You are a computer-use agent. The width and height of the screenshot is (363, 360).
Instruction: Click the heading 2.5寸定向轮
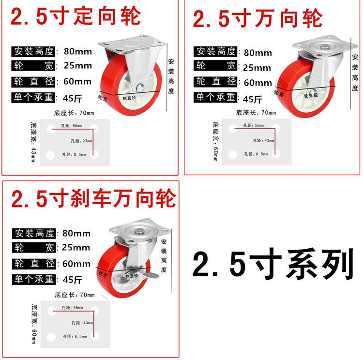click(76, 16)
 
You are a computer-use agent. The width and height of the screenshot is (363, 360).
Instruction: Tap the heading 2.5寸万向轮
click(257, 18)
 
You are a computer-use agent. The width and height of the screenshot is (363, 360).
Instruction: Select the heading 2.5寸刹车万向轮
click(93, 198)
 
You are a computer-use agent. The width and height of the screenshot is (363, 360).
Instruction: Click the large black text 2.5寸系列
click(273, 264)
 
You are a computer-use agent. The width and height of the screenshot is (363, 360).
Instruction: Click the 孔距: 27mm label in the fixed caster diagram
click(81, 141)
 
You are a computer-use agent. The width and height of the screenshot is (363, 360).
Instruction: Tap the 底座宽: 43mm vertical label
click(33, 142)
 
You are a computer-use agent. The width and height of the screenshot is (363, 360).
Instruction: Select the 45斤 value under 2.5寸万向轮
click(252, 99)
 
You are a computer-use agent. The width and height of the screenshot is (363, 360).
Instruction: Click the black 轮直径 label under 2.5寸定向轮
click(33, 82)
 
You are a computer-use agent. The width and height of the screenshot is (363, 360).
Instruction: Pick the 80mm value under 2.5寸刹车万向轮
click(76, 233)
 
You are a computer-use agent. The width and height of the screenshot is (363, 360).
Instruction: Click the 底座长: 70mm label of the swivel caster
click(256, 113)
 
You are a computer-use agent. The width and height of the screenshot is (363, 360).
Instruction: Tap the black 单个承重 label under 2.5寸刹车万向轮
click(34, 279)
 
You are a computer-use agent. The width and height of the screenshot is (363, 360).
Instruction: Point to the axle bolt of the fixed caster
click(139, 88)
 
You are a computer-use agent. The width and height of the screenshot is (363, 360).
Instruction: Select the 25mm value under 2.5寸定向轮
click(78, 65)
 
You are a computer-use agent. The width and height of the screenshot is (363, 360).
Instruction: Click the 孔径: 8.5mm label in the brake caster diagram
click(75, 336)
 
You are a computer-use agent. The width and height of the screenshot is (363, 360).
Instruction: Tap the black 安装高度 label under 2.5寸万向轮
click(215, 51)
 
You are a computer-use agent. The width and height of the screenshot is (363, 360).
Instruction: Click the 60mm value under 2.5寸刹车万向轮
click(76, 264)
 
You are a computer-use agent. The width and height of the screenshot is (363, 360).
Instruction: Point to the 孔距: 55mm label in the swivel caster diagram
click(254, 125)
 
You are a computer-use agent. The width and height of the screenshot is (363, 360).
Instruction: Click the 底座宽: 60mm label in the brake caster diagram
click(34, 324)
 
